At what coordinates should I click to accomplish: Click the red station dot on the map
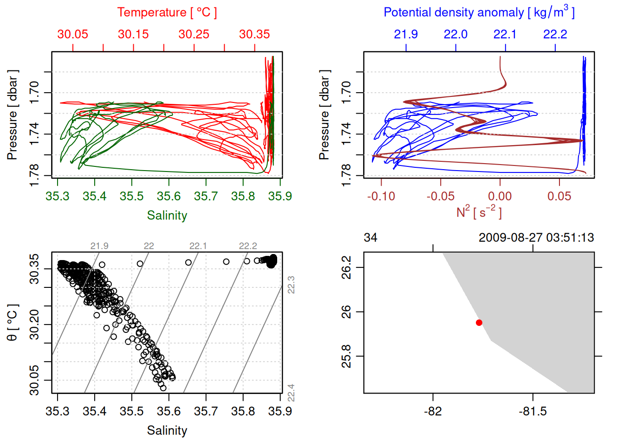[x=479, y=323]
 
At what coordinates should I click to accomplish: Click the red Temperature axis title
[x=167, y=13]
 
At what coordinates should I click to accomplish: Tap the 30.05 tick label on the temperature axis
[x=72, y=34]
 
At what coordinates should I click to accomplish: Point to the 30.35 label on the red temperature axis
[x=254, y=34]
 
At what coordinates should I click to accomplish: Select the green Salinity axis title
[x=167, y=216]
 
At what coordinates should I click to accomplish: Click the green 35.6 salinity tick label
[x=169, y=197]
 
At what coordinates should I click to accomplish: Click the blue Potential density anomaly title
[x=479, y=13]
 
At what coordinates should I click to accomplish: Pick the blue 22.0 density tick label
[x=455, y=34]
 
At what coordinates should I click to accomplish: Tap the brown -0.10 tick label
[x=381, y=197]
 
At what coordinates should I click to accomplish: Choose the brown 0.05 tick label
[x=559, y=197]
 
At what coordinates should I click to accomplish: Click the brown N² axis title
[x=479, y=212]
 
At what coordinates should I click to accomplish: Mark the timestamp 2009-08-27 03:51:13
[x=536, y=238]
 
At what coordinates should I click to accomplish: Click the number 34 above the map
[x=370, y=238]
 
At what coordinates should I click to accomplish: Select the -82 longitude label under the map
[x=433, y=411]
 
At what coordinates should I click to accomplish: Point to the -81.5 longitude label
[x=533, y=411]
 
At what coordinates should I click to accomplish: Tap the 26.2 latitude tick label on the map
[x=347, y=267]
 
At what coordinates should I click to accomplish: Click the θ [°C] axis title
[x=13, y=323]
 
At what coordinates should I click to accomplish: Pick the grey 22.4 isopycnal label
[x=291, y=393]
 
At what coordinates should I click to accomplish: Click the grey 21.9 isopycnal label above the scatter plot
[x=99, y=246]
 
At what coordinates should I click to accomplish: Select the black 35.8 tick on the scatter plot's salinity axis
[x=243, y=411]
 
